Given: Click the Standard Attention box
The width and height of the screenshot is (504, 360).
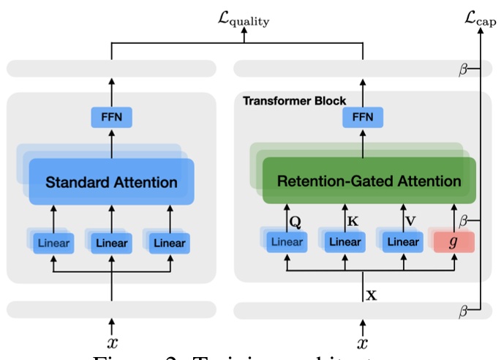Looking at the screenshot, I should [111, 181].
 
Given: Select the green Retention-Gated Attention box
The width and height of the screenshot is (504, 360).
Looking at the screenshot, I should [369, 181].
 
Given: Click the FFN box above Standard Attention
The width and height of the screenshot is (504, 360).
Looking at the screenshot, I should [111, 116].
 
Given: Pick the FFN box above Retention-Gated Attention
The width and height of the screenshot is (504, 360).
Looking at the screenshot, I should [363, 116].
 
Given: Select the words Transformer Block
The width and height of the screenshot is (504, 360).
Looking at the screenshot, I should [295, 100].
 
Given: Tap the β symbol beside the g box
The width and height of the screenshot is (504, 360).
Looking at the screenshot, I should [462, 219].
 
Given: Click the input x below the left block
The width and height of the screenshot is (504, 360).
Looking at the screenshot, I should [111, 342].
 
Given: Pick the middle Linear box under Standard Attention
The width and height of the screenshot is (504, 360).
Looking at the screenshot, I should [111, 243].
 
